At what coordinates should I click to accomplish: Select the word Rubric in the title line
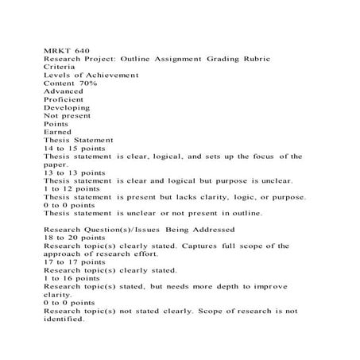tap(254, 58)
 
